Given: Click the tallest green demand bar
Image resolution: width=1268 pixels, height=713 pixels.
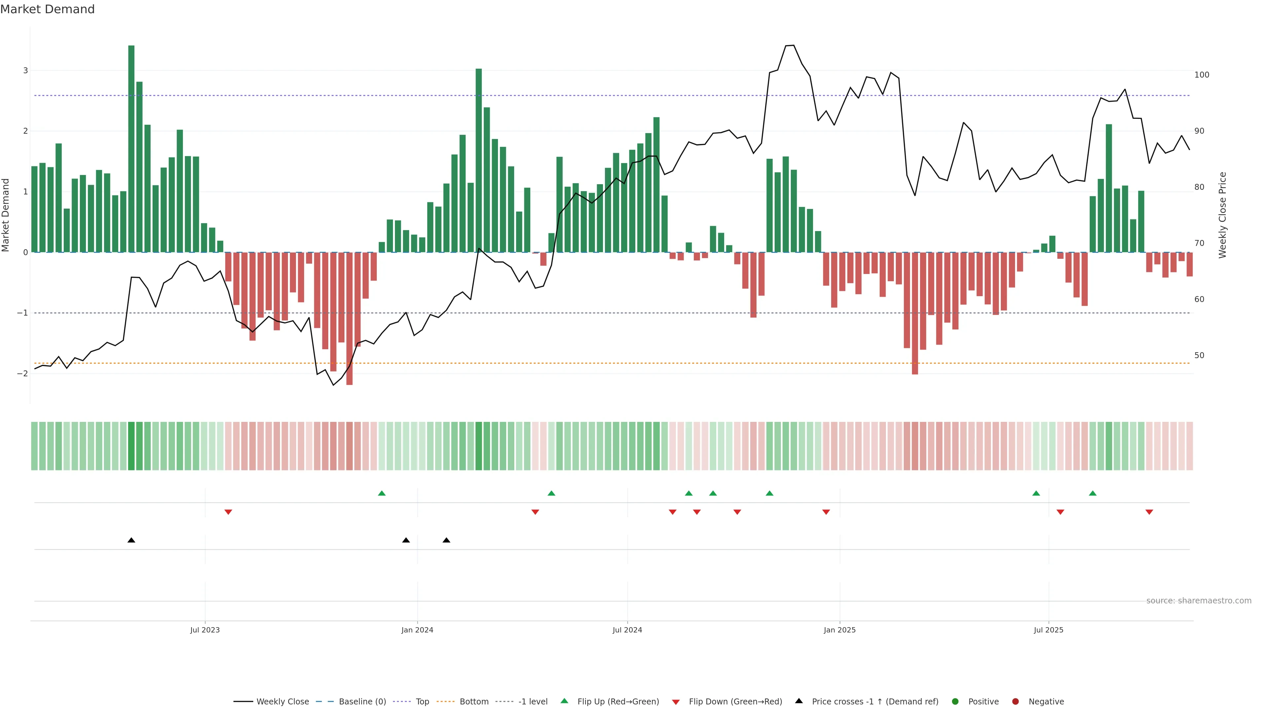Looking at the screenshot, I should pyautogui.click(x=131, y=148).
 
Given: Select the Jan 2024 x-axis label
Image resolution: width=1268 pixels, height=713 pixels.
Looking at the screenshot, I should pyautogui.click(x=417, y=630).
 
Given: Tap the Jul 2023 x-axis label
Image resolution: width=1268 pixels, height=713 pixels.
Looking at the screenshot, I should pyautogui.click(x=205, y=630).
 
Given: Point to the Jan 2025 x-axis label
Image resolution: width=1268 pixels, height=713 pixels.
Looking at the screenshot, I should pyautogui.click(x=839, y=630).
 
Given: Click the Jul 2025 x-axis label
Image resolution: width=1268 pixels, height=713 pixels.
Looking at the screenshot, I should pyautogui.click(x=1048, y=630).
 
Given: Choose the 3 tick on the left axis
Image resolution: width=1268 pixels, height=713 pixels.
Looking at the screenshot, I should pyautogui.click(x=26, y=70).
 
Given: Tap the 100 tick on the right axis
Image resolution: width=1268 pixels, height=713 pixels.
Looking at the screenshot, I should pyautogui.click(x=1202, y=75).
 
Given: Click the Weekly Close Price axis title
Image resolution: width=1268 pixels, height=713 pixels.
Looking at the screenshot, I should pyautogui.click(x=1223, y=215).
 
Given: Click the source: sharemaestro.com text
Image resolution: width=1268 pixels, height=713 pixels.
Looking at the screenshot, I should pyautogui.click(x=1199, y=601).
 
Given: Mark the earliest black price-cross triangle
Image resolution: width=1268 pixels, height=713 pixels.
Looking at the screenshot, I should pyautogui.click(x=131, y=540).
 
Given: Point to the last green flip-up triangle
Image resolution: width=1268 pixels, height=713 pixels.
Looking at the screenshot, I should pyautogui.click(x=1093, y=493).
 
